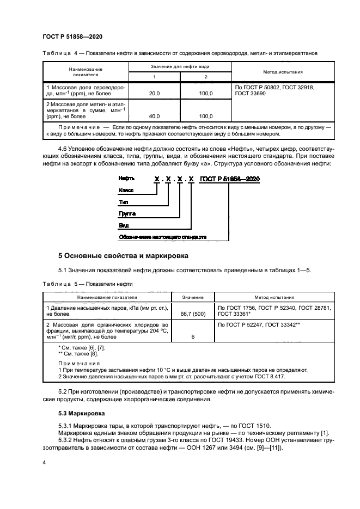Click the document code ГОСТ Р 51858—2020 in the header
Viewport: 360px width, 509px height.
[72, 36]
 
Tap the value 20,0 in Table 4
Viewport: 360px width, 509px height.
[154, 94]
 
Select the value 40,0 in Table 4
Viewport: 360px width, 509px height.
[154, 116]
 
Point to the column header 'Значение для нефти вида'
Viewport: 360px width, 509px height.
[180, 66]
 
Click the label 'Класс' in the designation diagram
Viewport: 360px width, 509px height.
[126, 190]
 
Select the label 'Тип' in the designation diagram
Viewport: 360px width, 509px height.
[124, 201]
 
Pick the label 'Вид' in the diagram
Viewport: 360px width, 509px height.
[124, 225]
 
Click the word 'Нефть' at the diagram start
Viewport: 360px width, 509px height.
[127, 179]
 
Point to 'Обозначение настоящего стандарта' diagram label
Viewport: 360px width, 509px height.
[162, 237]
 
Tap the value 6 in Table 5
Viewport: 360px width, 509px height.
[193, 337]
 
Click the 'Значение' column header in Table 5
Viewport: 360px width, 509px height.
[193, 298]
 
